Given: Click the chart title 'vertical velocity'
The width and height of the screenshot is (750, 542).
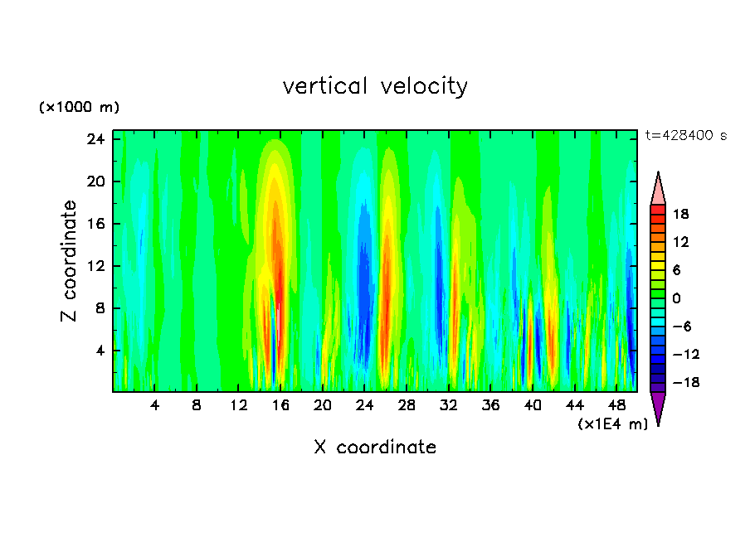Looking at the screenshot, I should point(375,86).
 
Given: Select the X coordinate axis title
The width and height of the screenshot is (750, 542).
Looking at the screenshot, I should point(375,448).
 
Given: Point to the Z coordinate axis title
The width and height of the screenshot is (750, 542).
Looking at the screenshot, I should point(69,261).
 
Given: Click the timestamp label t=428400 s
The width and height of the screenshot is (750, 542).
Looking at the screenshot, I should point(685,136).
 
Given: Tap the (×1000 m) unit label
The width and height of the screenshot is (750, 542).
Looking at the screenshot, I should point(79,108).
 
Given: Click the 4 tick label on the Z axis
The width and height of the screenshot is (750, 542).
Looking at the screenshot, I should point(101,351).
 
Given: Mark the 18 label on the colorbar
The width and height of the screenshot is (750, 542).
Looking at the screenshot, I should point(680,214).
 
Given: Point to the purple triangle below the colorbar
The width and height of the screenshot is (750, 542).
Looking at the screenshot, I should point(658,408).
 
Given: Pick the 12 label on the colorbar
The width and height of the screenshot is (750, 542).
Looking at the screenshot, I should point(680,242).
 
